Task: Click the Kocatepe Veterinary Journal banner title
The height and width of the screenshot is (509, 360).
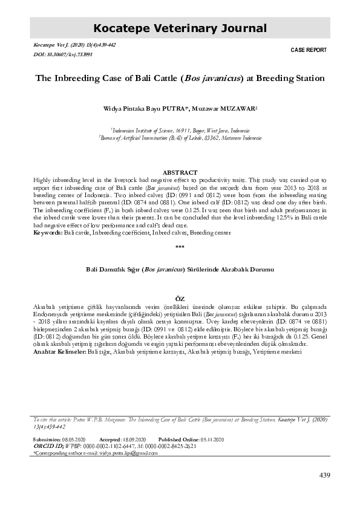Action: (x=180, y=28)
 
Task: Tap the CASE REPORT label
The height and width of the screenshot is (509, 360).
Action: (x=310, y=50)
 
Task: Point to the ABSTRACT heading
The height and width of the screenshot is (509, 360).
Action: (x=180, y=172)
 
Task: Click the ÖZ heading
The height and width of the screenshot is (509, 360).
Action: (x=179, y=299)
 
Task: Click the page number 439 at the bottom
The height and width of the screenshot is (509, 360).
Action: (x=324, y=476)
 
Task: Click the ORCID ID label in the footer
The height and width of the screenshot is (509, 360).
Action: (x=47, y=446)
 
